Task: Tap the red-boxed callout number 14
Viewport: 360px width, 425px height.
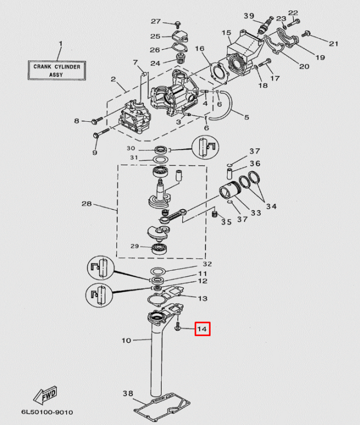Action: click(202, 329)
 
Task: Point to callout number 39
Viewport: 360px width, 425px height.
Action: click(248, 15)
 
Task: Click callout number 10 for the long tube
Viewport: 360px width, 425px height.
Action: click(126, 341)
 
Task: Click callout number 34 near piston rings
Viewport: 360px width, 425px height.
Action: click(271, 206)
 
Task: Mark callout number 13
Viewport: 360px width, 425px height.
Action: click(202, 298)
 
